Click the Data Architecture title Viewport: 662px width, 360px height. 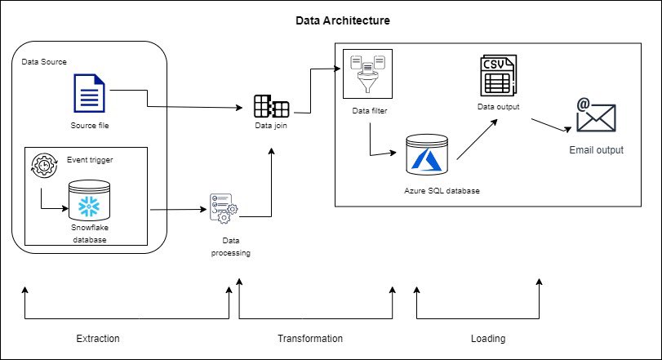[342, 19]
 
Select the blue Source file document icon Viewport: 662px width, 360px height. [89, 94]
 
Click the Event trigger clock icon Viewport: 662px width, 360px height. [40, 165]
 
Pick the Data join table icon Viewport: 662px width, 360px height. [270, 106]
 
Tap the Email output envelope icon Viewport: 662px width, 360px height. [596, 115]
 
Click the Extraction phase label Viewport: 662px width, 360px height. [98, 338]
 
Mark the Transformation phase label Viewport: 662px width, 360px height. [310, 338]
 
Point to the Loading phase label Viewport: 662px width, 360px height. [488, 338]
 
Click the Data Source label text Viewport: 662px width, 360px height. [44, 62]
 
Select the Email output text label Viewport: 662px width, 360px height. [596, 150]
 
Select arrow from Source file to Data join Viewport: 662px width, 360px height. [196, 107]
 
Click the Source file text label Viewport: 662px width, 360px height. [89, 126]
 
